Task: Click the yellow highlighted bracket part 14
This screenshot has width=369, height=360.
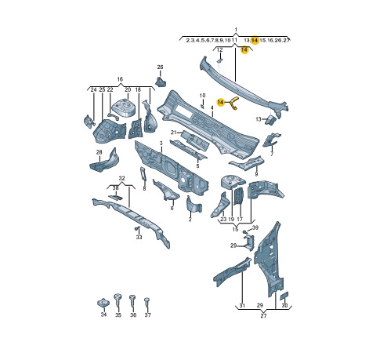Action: coord(233,102)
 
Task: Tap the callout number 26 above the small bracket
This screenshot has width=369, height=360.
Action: coord(160,67)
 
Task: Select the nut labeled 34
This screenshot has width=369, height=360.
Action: coord(103,304)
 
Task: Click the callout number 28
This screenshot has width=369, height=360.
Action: coord(99,152)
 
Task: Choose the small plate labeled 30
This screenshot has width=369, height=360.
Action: coord(284,296)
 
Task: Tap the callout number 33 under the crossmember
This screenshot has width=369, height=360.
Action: coord(139,237)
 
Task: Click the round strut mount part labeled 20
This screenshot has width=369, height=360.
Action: coord(123,107)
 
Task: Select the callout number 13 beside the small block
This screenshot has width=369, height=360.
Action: coord(259,119)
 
